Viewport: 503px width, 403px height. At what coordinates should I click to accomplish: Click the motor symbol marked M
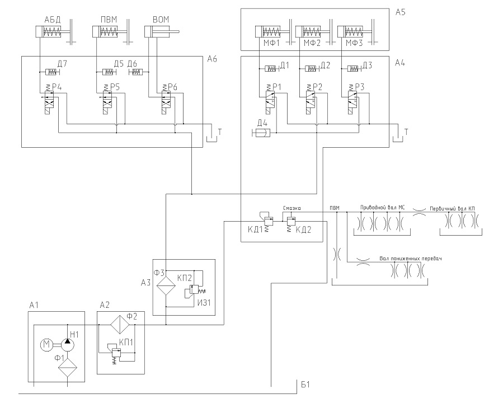[x=47, y=345]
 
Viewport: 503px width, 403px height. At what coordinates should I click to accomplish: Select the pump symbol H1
[x=67, y=345]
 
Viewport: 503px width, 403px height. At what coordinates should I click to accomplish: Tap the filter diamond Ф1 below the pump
[x=68, y=367]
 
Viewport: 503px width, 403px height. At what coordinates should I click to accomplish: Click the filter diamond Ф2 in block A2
[x=120, y=325]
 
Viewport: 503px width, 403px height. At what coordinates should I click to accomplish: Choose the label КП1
[x=126, y=343]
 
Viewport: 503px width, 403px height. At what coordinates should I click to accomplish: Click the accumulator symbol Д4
[x=262, y=132]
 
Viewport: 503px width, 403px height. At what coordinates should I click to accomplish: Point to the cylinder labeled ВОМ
[x=162, y=32]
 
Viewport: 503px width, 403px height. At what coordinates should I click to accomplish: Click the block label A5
[x=401, y=12]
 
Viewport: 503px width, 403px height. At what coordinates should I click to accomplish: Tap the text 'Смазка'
[x=292, y=208]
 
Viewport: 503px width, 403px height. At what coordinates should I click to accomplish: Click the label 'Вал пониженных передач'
[x=411, y=258]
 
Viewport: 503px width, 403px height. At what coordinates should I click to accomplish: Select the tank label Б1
[x=305, y=384]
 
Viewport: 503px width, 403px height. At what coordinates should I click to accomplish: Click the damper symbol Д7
[x=51, y=72]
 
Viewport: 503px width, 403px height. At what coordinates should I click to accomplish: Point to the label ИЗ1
[x=204, y=302]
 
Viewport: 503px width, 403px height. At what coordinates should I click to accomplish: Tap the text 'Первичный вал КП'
[x=452, y=208]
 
